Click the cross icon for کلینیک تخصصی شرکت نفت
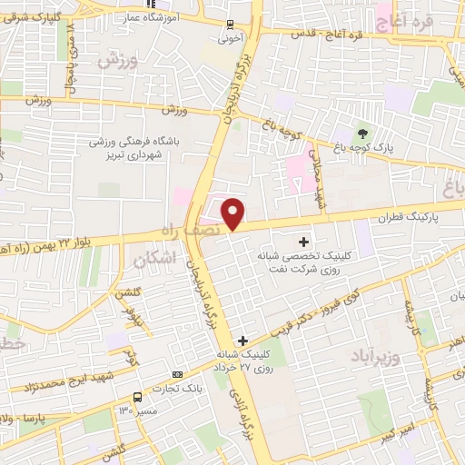pyautogui.click(x=304, y=242)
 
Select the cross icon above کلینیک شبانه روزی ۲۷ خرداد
pyautogui.click(x=242, y=340)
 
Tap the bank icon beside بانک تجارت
pyautogui.click(x=177, y=374)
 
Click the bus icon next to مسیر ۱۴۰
pyautogui.click(x=137, y=397)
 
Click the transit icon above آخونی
pyautogui.click(x=230, y=25)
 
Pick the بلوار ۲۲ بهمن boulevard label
pyautogui.click(x=59, y=237)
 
